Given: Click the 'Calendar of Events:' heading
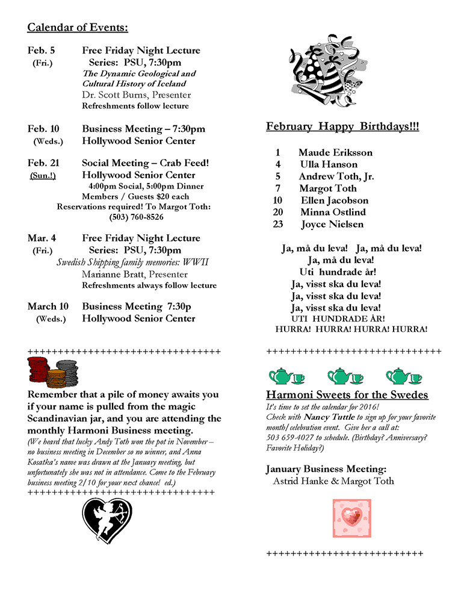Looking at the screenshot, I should click(78, 28).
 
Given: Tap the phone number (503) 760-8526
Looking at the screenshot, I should click(137, 217).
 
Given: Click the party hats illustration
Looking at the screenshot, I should click(328, 68).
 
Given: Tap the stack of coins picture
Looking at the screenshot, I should click(52, 372).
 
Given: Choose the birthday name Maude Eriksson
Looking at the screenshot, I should click(335, 152).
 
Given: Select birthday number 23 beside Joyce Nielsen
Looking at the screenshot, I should click(277, 224).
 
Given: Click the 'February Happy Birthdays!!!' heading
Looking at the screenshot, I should click(342, 126).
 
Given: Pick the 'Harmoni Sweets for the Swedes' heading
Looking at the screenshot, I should click(347, 395).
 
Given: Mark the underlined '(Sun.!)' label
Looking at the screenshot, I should click(43, 175).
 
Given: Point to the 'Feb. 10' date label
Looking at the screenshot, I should click(43, 129).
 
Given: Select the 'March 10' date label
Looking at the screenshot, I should click(48, 307).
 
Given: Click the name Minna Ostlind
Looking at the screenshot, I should click(333, 212).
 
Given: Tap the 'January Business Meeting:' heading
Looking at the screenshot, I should click(326, 469).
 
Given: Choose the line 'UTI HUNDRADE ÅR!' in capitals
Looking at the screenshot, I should click(338, 318).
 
